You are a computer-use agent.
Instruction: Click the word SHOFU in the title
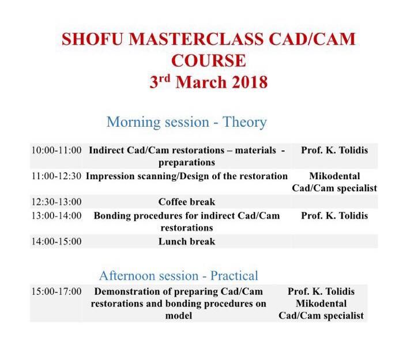pos(92,39)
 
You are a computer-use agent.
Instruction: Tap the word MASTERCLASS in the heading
pos(196,39)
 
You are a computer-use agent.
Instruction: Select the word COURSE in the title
pos(209,60)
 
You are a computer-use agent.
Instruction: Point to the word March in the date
pos(201,82)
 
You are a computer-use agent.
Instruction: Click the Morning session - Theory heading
pos(187,122)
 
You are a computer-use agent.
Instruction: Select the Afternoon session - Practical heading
pos(179,276)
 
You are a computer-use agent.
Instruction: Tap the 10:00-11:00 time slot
pos(57,150)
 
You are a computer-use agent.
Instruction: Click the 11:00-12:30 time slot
pos(57,176)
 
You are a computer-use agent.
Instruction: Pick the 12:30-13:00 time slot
pos(57,202)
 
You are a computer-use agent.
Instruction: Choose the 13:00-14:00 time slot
pos(57,216)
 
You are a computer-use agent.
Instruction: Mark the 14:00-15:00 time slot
pos(57,241)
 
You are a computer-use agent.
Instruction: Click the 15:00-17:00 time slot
pos(57,291)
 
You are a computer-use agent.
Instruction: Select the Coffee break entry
pos(187,202)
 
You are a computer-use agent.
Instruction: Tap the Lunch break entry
pos(187,241)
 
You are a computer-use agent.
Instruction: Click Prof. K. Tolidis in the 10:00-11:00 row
pos(334,150)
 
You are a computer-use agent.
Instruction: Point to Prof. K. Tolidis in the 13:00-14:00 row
pos(334,216)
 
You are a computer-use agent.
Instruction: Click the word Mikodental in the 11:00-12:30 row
pos(334,176)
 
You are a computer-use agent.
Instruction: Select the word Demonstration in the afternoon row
pos(127,291)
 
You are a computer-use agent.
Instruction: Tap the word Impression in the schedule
pos(110,176)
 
